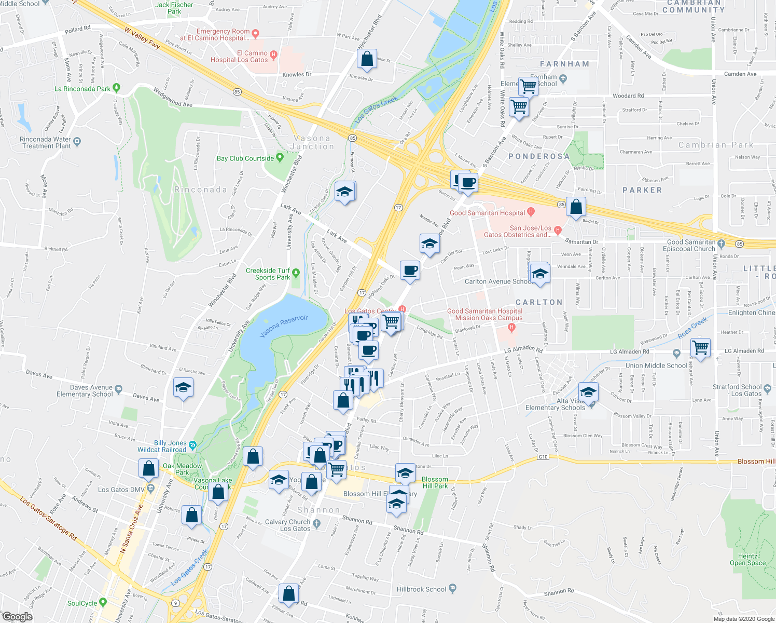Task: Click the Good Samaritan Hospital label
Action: (488, 213)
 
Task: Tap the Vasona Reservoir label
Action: (284, 326)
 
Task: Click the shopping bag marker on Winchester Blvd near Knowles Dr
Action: (367, 60)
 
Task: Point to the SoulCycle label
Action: (82, 603)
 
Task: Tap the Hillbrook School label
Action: (421, 589)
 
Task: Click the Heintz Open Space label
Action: (747, 559)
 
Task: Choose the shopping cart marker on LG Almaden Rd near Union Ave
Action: (700, 347)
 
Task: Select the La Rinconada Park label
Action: (82, 89)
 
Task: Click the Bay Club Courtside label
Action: (245, 158)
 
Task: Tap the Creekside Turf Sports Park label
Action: (268, 274)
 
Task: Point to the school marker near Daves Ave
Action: (183, 388)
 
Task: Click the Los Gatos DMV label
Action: (121, 490)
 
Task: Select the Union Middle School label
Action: (656, 365)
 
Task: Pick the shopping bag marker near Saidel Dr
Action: (576, 207)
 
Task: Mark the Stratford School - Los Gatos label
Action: (737, 390)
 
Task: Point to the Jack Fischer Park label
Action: (174, 8)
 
